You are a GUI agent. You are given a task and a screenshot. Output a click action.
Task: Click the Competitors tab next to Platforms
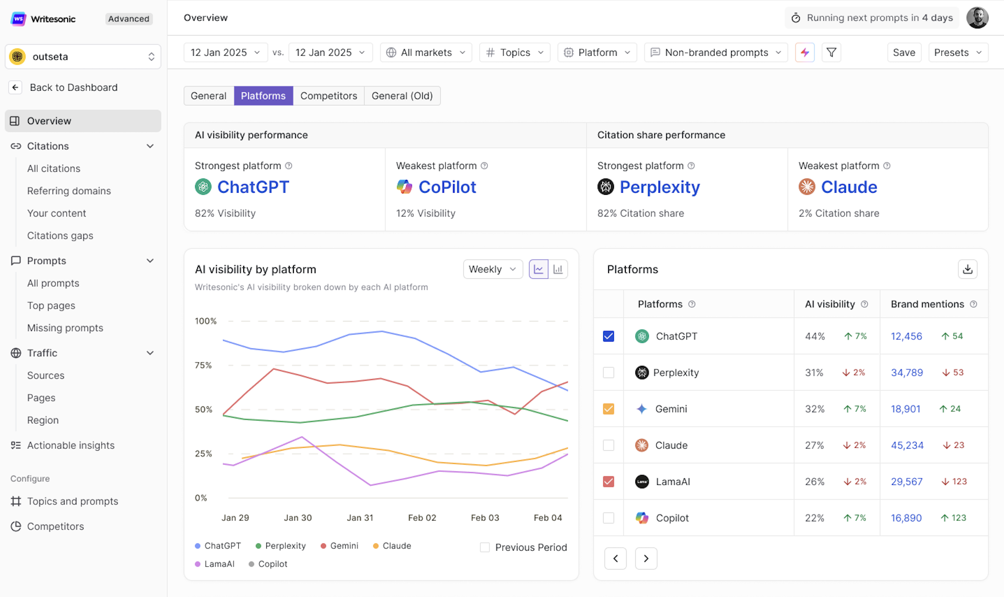tap(329, 96)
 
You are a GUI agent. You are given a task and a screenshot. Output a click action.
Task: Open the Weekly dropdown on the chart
tap(492, 269)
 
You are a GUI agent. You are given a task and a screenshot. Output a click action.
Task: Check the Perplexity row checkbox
tap(608, 372)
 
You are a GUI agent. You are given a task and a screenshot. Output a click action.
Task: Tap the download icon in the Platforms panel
tap(967, 269)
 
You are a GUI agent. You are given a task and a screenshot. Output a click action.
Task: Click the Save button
tap(904, 53)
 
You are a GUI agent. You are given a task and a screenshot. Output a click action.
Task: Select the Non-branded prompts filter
tap(716, 53)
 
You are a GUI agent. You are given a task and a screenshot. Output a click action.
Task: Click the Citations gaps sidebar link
tap(60, 236)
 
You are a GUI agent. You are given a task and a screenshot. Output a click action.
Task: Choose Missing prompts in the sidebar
tap(65, 328)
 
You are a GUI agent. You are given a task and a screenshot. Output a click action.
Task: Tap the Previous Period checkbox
tap(485, 547)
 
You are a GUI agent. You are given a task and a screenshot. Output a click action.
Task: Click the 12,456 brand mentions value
tap(906, 336)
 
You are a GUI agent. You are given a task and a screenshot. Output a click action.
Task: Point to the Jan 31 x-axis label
tap(360, 518)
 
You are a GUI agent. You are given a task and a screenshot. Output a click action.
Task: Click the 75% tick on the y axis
tap(203, 365)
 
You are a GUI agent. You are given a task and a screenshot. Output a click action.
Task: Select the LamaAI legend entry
tap(219, 564)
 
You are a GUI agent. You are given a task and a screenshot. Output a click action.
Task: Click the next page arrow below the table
tap(646, 559)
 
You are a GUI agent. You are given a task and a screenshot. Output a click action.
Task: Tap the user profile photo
tap(977, 18)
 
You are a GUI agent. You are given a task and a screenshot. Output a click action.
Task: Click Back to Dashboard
tap(74, 87)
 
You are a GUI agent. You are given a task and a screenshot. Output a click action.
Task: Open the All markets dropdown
tap(426, 53)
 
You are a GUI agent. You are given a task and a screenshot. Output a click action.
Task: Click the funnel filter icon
tap(831, 53)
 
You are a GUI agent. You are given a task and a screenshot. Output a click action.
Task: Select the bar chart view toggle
tap(558, 269)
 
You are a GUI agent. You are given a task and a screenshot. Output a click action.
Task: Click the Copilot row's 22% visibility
tap(814, 518)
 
